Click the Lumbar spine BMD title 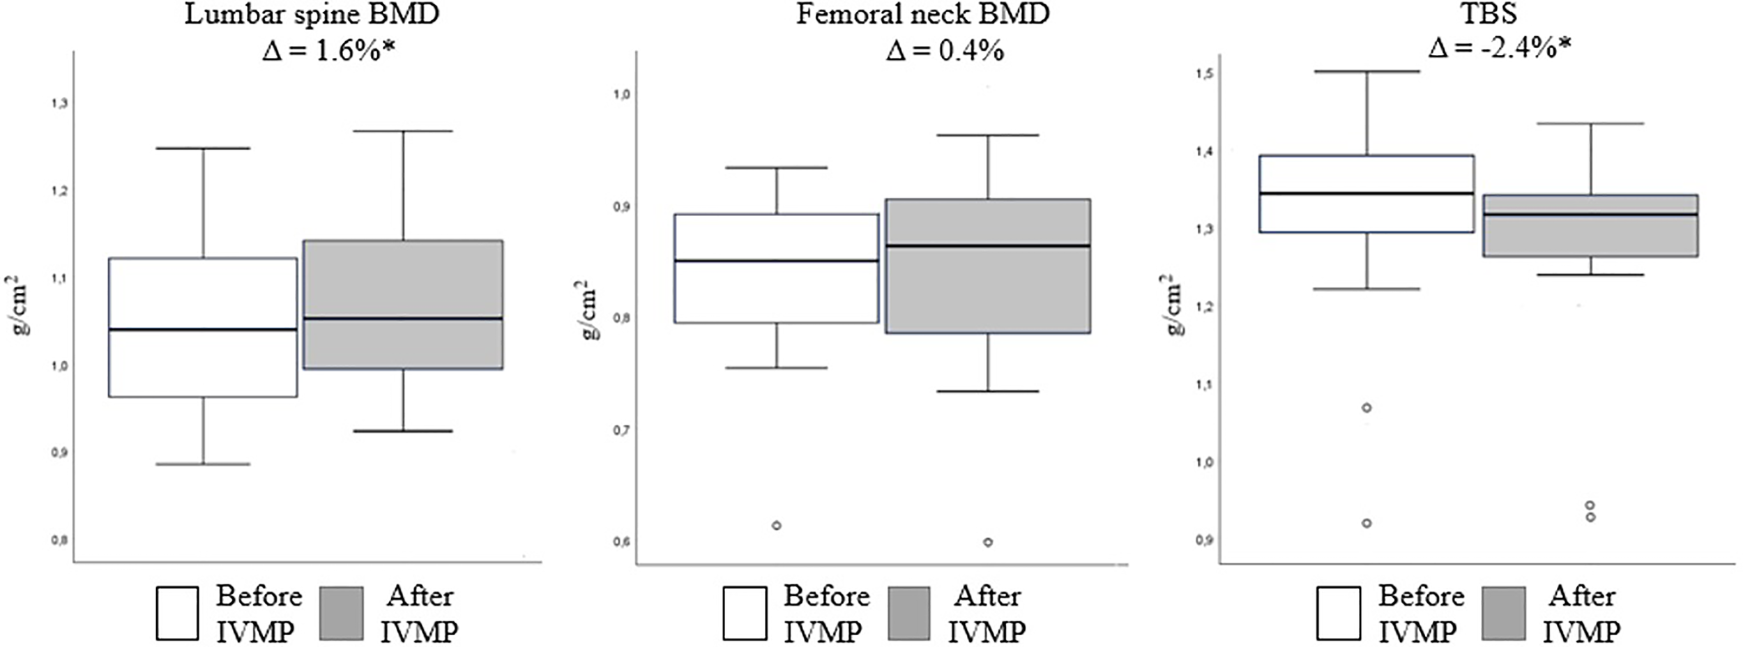(312, 15)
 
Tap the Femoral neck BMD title (923, 15)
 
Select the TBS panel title (1488, 15)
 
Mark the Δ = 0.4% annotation (945, 51)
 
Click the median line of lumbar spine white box (203, 329)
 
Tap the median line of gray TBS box (1590, 215)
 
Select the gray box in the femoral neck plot (988, 266)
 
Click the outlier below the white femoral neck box (776, 525)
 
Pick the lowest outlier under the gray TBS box (1590, 517)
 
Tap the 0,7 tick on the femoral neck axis (622, 430)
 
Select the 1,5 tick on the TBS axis (1205, 73)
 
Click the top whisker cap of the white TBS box (1366, 71)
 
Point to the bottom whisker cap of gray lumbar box (403, 431)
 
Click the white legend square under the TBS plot (1339, 613)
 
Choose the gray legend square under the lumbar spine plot (342, 613)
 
